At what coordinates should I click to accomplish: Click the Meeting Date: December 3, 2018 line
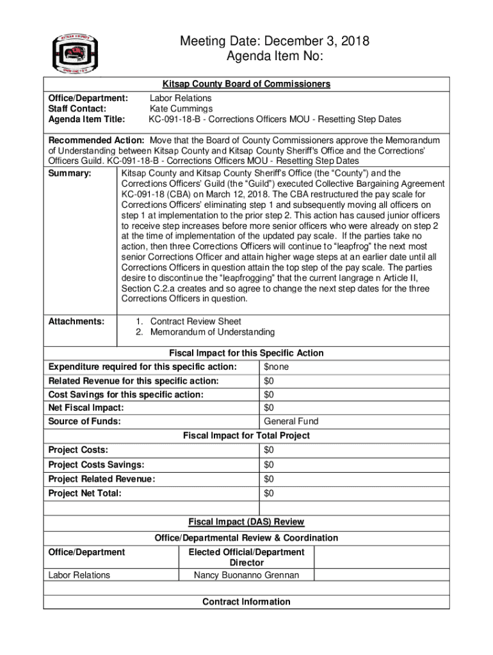coord(275,42)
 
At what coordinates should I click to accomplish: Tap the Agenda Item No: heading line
coord(275,57)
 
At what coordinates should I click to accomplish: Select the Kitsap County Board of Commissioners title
coord(246,84)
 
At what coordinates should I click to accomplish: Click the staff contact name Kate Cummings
coord(181,109)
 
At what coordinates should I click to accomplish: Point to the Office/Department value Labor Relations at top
coord(181,98)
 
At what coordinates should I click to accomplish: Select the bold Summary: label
coord(70,173)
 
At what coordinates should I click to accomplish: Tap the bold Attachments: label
coord(76,322)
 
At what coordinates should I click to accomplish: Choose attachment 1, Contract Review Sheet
coord(195,321)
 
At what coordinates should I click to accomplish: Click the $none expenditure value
coord(276,367)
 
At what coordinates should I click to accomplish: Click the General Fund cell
coord(291,422)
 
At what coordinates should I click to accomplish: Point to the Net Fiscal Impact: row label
coord(86,408)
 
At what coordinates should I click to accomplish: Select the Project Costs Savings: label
coord(96,465)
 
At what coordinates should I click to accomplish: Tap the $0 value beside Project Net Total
coord(269,493)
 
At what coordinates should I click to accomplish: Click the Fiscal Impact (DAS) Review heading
coord(246,522)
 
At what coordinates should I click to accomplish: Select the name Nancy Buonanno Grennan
coord(246,575)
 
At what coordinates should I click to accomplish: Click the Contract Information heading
coord(246,602)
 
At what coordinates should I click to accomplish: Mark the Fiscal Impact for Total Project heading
coord(246,436)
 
